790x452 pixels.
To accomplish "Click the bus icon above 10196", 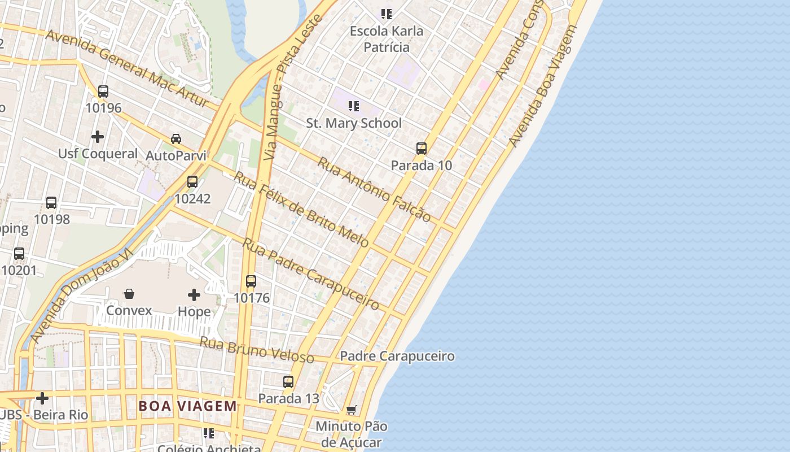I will (x=103, y=91).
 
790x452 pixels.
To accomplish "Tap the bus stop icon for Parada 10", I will (x=421, y=149).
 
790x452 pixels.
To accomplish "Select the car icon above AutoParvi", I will (x=176, y=139).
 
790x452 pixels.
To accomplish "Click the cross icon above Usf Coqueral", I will (x=98, y=137).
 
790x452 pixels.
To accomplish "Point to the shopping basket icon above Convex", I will (x=129, y=294).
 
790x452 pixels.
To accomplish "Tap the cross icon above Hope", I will (x=194, y=295).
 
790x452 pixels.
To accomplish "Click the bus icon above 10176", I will (x=251, y=281).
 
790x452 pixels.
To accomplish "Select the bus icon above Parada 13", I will (x=288, y=382).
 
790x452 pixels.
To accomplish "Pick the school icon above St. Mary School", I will (x=354, y=106).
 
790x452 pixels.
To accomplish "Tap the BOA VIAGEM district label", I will (x=188, y=406).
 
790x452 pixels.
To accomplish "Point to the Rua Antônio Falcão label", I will (x=374, y=189).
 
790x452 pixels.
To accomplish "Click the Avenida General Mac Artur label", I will (x=128, y=68).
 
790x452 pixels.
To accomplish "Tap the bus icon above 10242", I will (x=192, y=182).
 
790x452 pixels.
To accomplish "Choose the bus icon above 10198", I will (x=51, y=202).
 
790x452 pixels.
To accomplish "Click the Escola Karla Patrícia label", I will (x=387, y=39).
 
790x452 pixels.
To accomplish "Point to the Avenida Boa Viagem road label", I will (x=543, y=85).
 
